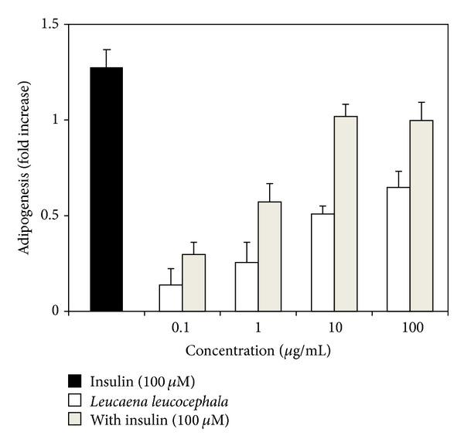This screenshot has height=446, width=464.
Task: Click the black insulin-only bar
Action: (106, 189)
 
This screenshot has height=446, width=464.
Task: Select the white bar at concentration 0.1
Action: (170, 298)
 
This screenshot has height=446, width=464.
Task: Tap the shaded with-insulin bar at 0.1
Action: (193, 282)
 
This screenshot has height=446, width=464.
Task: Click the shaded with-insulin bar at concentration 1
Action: (269, 256)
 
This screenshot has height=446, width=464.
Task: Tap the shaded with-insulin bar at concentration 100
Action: (421, 216)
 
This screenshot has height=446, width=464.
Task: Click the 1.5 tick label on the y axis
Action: (50, 24)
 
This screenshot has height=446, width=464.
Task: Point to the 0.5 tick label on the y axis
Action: (50, 216)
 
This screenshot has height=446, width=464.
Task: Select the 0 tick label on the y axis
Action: (56, 312)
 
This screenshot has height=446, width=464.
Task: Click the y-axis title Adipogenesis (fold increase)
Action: (24, 168)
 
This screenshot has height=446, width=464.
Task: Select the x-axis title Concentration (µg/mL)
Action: (258, 350)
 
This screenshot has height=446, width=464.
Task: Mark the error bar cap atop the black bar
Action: (106, 49)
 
